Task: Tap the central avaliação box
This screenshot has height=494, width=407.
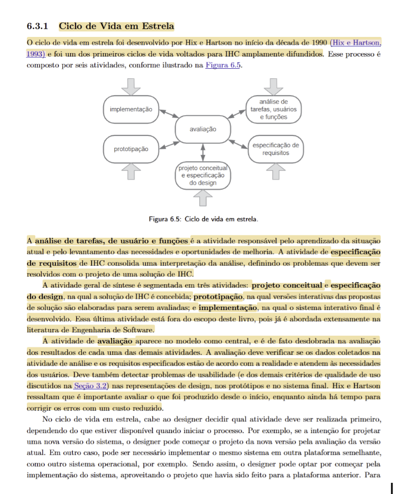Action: pos(202,129)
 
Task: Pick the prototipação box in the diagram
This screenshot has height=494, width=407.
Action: pos(131,149)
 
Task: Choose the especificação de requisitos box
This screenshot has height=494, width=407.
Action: pos(275,149)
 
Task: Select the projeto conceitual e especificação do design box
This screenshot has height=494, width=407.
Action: pos(203,175)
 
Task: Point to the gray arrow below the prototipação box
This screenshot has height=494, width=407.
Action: pos(130,171)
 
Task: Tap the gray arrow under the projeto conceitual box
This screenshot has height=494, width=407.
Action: pos(203,197)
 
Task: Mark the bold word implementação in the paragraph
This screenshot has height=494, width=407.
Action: pos(229,308)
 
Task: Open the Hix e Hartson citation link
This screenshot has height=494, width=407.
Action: pos(356,43)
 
